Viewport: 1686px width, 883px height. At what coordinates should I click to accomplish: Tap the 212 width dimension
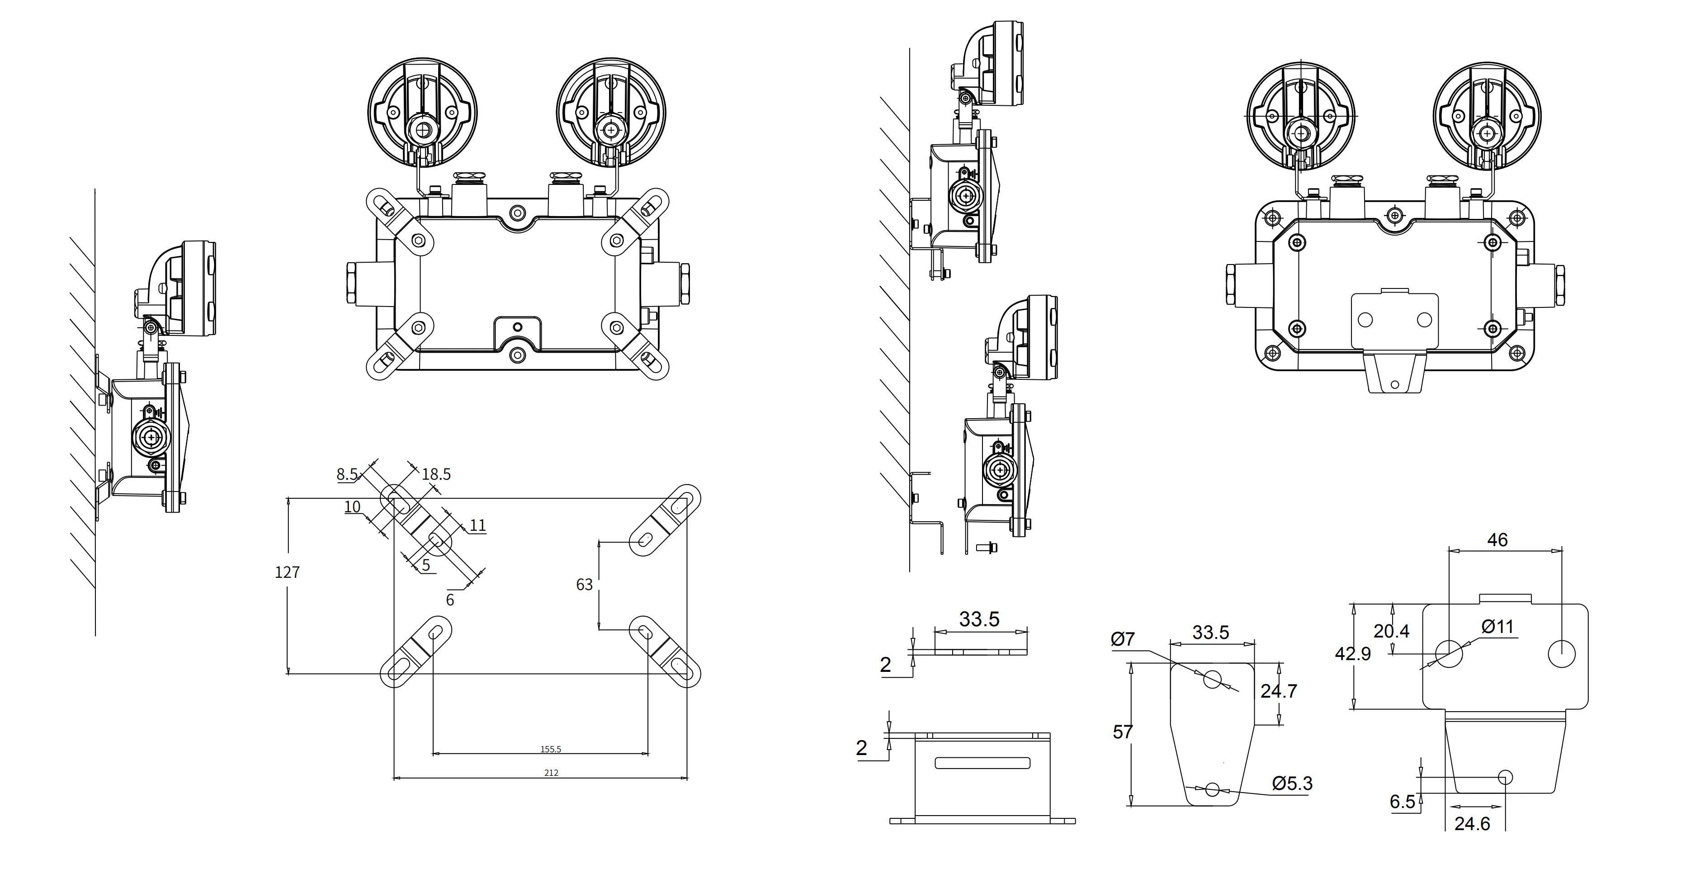(551, 772)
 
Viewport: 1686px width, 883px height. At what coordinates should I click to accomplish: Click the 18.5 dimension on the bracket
(436, 474)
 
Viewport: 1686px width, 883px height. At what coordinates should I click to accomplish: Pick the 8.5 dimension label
(347, 474)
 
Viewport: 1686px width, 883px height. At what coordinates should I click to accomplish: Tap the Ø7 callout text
(1123, 639)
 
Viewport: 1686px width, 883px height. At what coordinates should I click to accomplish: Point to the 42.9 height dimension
(1352, 653)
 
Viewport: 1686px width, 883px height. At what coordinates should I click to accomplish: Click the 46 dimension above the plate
(1497, 539)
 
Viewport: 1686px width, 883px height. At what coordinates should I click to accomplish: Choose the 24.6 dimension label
(1472, 823)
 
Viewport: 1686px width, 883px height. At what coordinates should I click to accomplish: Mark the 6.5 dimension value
(1402, 801)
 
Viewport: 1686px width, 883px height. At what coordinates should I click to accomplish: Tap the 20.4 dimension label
(1391, 631)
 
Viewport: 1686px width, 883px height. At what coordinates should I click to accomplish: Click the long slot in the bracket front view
(982, 763)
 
